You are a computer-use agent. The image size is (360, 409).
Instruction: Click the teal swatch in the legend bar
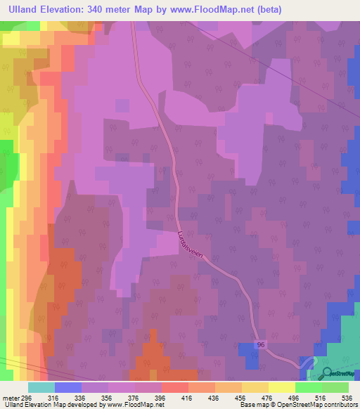(41, 387)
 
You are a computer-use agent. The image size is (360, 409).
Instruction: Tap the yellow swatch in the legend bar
(281, 387)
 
